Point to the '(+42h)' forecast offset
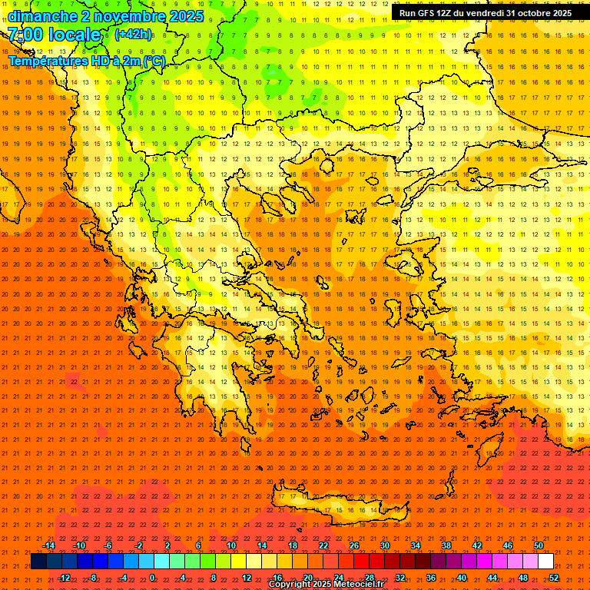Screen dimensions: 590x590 133,35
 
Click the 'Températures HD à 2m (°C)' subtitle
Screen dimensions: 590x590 86,61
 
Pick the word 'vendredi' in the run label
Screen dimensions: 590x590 483,13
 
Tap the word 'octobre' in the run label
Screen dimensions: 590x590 535,13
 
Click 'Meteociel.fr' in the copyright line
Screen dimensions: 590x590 356,585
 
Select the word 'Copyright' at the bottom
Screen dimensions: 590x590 290,585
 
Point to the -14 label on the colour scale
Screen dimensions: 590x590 48,545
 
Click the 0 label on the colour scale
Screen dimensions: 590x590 152,578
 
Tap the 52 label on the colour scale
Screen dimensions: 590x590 554,578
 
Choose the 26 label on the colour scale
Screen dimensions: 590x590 354,545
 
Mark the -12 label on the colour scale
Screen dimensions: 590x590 64,578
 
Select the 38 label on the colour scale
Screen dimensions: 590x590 446,545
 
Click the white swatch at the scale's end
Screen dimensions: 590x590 545,562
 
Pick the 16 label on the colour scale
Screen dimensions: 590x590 277,578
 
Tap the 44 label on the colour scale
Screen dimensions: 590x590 492,578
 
